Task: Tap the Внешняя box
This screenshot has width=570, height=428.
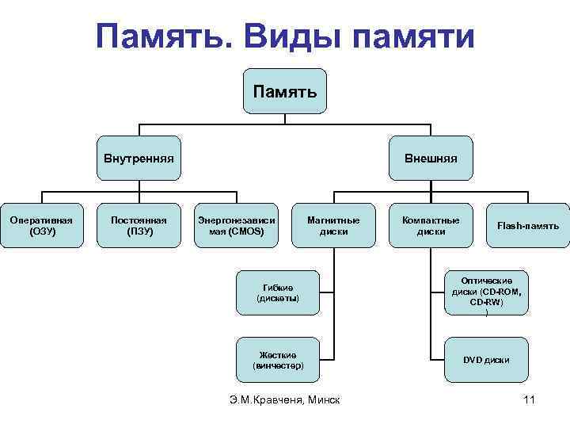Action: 431,158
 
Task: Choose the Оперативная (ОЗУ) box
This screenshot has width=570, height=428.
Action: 42,226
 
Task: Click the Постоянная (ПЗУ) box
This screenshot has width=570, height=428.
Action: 139,226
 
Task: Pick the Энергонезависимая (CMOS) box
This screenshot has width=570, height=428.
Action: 237,226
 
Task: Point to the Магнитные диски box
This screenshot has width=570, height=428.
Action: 333,226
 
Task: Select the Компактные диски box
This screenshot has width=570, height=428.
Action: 431,226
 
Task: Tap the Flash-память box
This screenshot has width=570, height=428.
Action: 528,226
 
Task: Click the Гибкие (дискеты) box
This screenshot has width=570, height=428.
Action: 279,292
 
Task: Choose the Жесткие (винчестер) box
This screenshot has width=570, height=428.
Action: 279,360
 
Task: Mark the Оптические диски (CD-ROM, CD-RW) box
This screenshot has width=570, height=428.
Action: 486,292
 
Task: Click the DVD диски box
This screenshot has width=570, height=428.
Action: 486,360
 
